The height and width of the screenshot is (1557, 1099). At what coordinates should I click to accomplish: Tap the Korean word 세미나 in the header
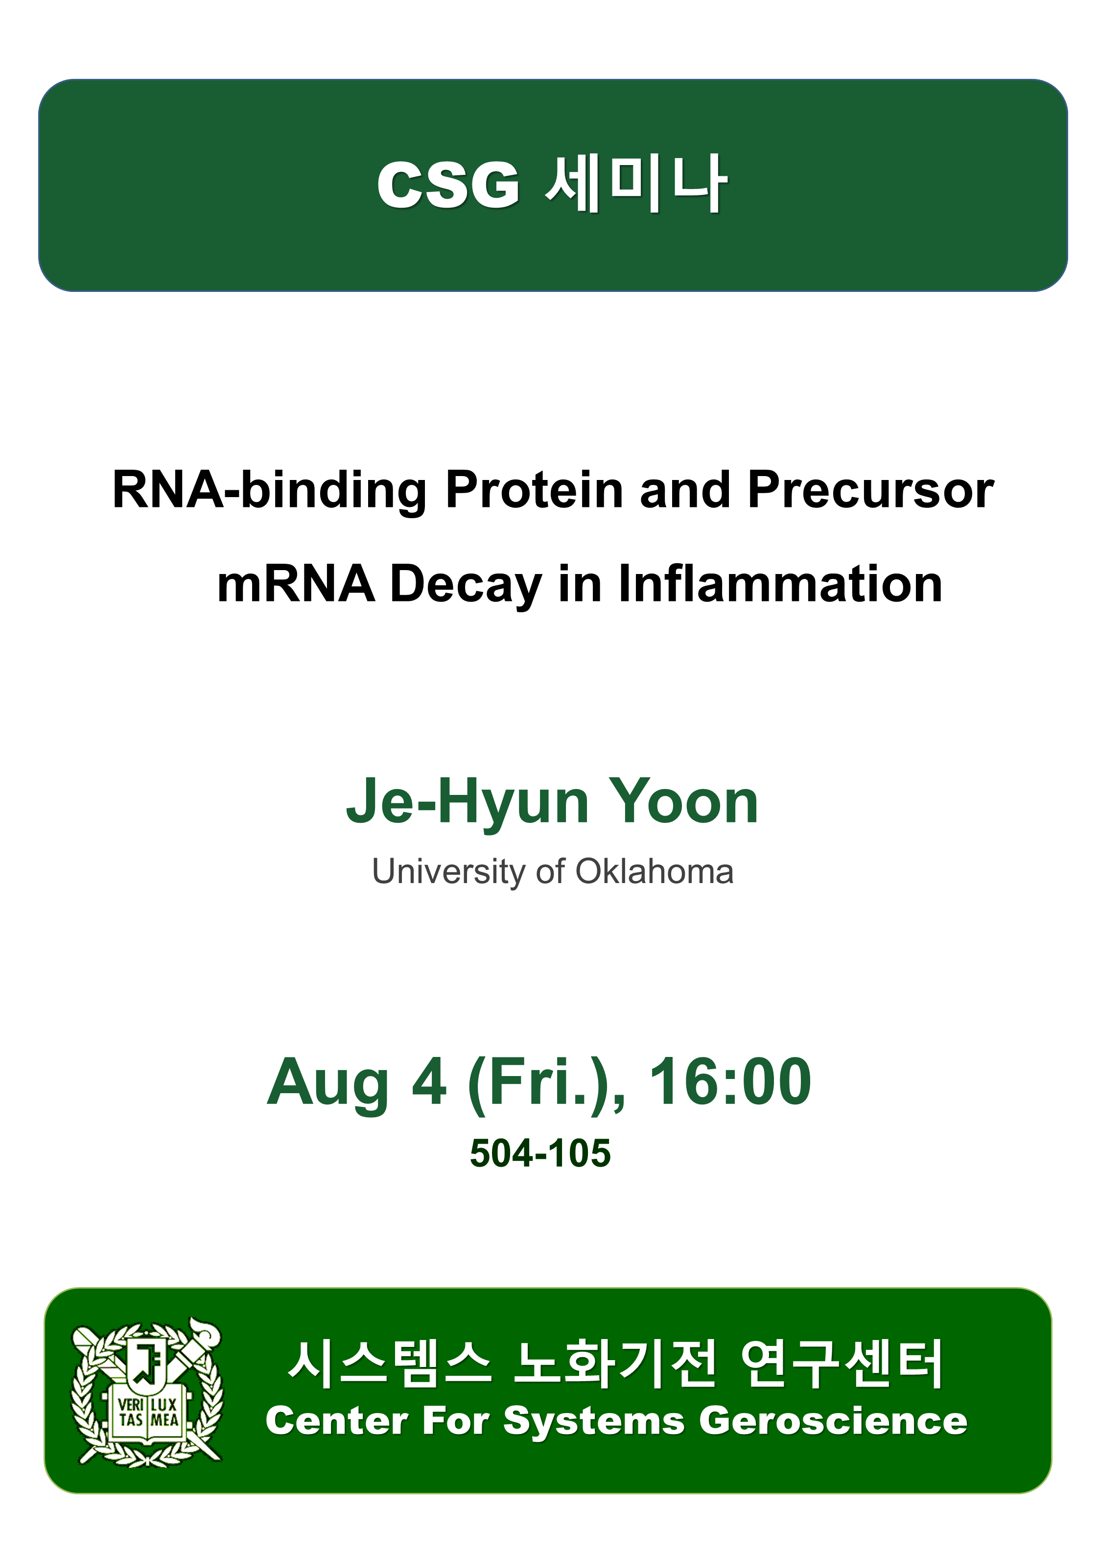coord(636,184)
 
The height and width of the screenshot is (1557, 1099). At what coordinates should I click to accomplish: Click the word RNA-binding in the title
coord(270,490)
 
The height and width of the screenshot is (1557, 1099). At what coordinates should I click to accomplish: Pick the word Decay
coord(467,585)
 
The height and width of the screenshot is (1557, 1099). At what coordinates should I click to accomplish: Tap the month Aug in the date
coord(328,1084)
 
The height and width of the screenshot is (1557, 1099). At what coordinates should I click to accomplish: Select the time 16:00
coord(730,1081)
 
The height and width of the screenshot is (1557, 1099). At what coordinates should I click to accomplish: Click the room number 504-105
coord(540,1153)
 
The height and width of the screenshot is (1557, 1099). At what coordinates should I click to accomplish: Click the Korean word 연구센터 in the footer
coord(842,1364)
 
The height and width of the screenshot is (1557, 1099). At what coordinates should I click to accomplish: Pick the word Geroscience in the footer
coord(833,1421)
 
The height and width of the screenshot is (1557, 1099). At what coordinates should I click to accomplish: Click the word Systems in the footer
coord(594,1422)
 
